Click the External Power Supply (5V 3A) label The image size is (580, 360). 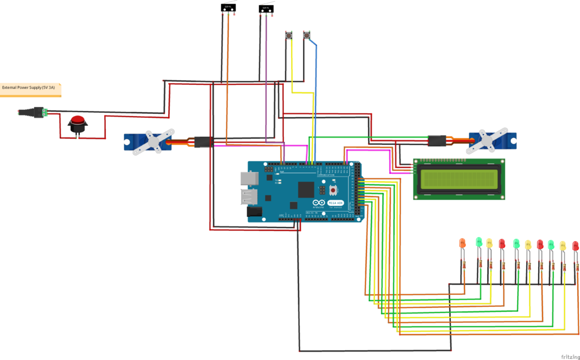(29, 88)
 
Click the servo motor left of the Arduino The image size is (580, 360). (148, 142)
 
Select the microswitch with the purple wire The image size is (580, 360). (265, 8)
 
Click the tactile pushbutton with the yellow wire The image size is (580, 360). (290, 36)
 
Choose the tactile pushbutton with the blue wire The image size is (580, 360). (307, 36)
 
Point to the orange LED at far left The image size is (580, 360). (462, 243)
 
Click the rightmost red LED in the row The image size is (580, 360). (575, 246)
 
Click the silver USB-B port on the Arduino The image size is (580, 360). (248, 179)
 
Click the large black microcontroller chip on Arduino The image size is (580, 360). (306, 191)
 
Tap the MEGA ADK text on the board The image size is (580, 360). (336, 203)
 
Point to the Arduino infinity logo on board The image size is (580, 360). (319, 203)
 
